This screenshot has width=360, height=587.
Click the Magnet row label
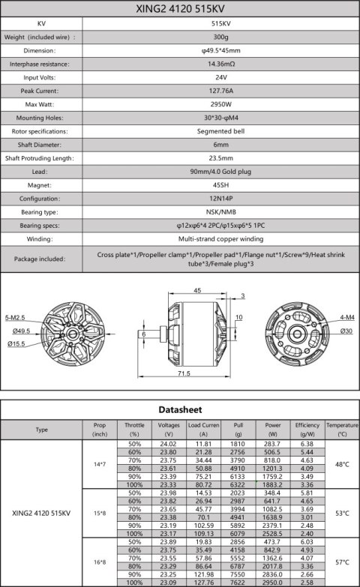click(42, 184)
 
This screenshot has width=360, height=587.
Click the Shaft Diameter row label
click(42, 144)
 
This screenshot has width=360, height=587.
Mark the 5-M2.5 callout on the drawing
click(16, 318)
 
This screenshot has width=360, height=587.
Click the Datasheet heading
click(180, 411)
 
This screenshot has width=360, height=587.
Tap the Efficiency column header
click(307, 429)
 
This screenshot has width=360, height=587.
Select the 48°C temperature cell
click(342, 465)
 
